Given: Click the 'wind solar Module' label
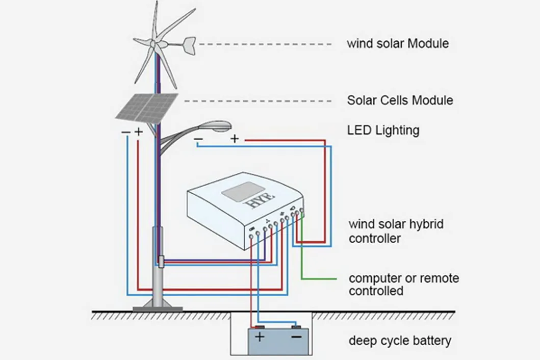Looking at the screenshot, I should (398, 43).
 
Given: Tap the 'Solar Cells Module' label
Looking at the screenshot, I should (400, 100).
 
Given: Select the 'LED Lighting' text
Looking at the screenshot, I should (383, 130).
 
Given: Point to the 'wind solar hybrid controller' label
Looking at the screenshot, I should (396, 231).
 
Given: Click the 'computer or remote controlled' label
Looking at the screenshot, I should (403, 285).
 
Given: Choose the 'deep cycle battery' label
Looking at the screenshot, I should (400, 340).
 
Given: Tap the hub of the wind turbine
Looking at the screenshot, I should (152, 43).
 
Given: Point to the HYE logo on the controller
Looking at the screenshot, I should (260, 200).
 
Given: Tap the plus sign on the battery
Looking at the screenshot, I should (260, 337).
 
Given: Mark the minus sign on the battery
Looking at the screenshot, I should (296, 337).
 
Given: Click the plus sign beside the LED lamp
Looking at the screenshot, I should (234, 138).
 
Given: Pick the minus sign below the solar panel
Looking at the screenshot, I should (125, 132).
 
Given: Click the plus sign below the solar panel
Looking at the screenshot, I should (138, 132).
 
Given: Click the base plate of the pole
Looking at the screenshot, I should (158, 307).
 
